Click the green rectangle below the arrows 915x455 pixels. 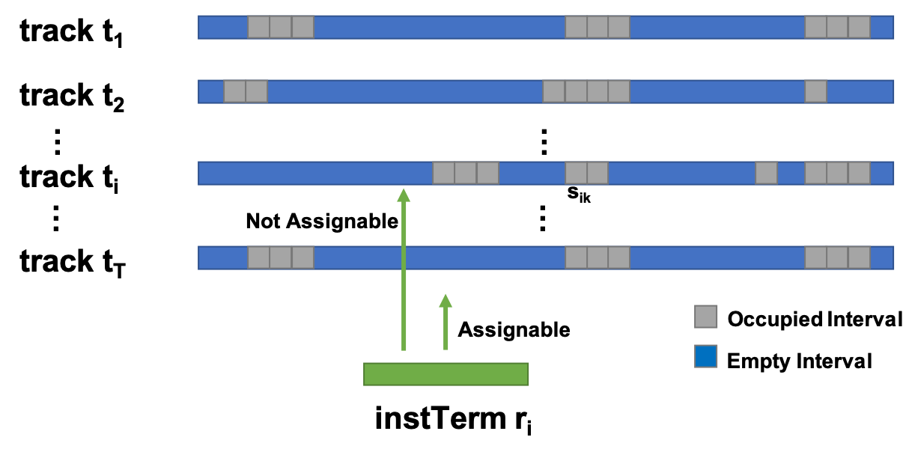(x=446, y=374)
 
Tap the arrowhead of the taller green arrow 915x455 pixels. (x=404, y=195)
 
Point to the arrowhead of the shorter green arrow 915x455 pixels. (x=446, y=301)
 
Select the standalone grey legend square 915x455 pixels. (x=706, y=317)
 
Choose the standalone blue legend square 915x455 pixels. (x=706, y=356)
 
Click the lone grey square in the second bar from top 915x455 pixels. (x=815, y=91)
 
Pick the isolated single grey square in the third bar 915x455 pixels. (x=766, y=173)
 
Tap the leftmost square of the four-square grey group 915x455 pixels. (x=553, y=91)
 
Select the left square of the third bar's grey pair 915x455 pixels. (x=576, y=173)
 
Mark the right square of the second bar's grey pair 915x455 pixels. (x=257, y=91)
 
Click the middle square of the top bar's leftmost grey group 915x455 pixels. (x=281, y=27)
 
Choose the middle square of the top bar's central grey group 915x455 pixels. (x=598, y=27)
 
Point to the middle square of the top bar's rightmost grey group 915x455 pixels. (x=837, y=27)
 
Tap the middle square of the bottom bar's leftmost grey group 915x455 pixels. (x=281, y=257)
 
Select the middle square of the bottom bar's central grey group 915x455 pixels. (x=598, y=257)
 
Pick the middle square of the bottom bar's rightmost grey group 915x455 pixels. (x=837, y=257)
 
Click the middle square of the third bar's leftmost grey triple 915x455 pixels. (x=466, y=173)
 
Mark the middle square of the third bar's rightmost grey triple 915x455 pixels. (x=837, y=173)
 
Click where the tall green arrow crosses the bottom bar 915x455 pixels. (x=404, y=257)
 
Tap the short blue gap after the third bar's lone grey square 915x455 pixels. (x=791, y=173)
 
